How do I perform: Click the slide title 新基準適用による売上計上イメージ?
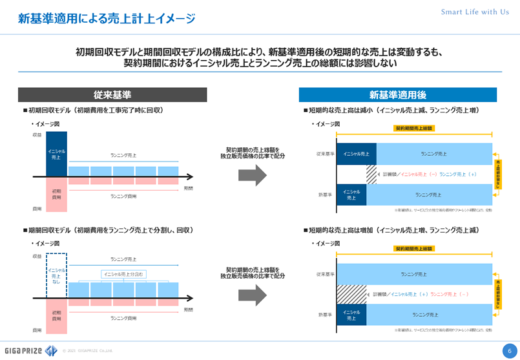(107, 19)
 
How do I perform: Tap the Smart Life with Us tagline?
(475, 12)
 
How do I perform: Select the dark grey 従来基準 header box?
(112, 94)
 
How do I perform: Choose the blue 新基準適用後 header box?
(397, 94)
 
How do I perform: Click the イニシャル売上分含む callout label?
(124, 274)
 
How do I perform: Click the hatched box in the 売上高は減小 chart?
(371, 175)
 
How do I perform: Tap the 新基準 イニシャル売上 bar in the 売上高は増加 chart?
(351, 315)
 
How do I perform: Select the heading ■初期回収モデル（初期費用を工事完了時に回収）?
(92, 111)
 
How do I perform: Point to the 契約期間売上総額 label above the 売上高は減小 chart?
(414, 128)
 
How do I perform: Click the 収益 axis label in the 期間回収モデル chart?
(37, 257)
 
